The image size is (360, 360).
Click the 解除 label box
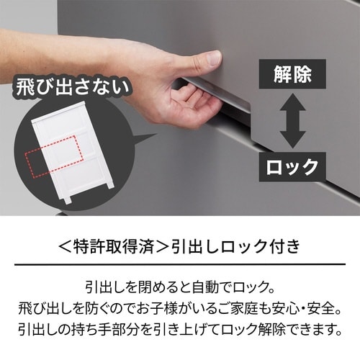[x=292, y=73]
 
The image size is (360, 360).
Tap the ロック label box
[x=292, y=167]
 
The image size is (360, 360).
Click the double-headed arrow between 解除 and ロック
[x=292, y=120]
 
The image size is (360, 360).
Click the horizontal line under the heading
[x=180, y=265]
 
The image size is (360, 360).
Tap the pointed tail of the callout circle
[x=148, y=136]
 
